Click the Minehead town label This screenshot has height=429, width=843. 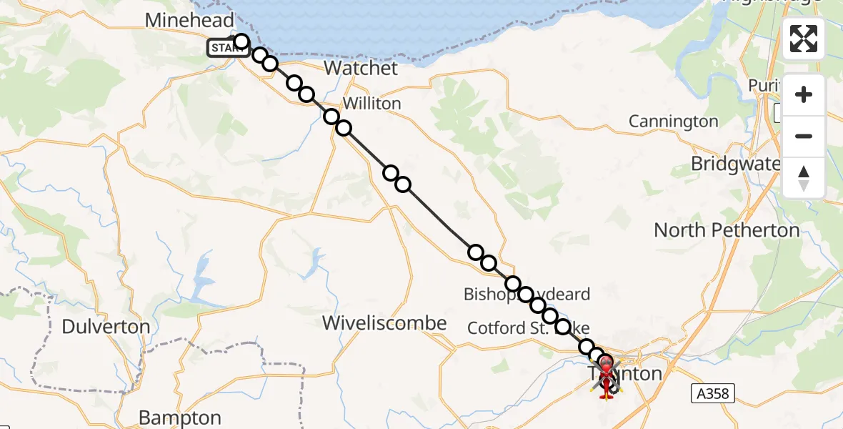(x=189, y=20)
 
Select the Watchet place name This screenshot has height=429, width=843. (x=361, y=69)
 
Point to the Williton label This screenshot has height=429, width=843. (x=371, y=104)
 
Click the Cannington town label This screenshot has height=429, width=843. (x=673, y=122)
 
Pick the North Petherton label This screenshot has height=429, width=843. (x=727, y=230)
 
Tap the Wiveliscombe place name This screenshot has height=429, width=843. (x=384, y=323)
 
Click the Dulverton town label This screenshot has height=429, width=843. (x=106, y=327)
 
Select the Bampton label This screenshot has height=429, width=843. (x=180, y=418)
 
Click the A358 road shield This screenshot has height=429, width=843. (x=713, y=392)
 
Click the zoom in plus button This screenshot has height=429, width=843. (x=804, y=95)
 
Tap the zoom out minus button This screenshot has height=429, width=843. (x=804, y=136)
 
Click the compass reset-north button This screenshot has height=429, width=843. (x=804, y=177)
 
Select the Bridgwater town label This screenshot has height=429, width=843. (x=736, y=164)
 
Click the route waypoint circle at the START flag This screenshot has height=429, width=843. (x=241, y=41)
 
